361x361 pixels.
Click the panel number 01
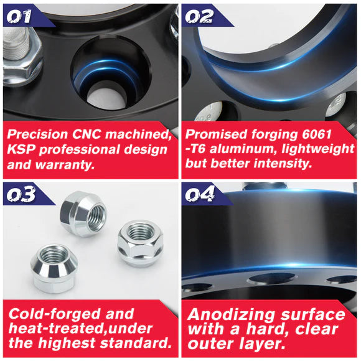tap(19, 16)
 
